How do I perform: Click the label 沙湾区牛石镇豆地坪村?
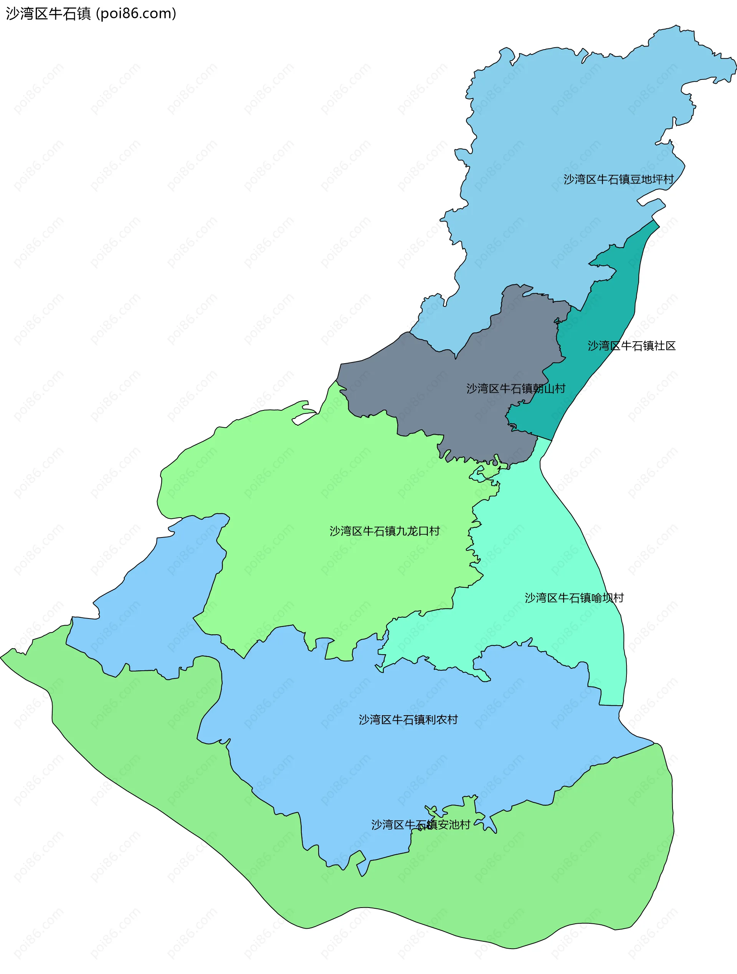point(618,179)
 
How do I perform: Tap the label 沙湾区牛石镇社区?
point(631,346)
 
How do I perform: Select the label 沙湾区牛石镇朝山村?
point(516,389)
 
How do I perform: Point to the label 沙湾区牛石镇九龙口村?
point(384,531)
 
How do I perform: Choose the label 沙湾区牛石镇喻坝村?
point(574,598)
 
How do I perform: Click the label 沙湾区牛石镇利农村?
point(408,719)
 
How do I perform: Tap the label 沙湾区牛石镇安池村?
point(420,825)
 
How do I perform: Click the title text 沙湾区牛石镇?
point(48,14)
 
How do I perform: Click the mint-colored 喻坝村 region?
point(550,551)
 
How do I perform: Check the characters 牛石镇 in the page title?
point(69,14)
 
